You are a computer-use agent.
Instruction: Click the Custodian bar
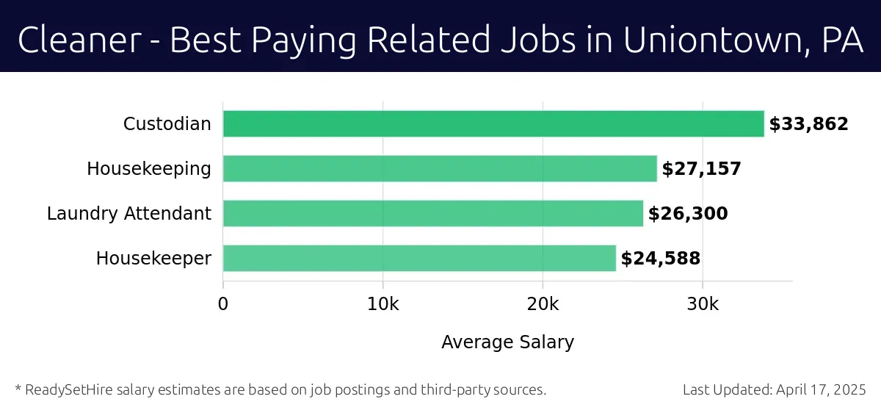[x=493, y=124]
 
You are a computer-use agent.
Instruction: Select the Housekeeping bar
[x=440, y=169]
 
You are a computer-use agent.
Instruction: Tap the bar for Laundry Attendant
[x=433, y=214]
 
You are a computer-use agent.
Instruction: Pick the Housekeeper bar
[x=419, y=259]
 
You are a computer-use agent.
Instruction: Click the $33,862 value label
[x=808, y=124]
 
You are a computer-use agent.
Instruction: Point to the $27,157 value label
[x=701, y=169]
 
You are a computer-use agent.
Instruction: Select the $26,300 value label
[x=688, y=214]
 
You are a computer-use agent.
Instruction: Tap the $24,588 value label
[x=660, y=259]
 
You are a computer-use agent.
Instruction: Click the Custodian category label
[x=167, y=124]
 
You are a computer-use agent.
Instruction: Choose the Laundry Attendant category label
[x=128, y=214]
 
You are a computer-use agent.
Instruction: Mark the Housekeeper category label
[x=153, y=259]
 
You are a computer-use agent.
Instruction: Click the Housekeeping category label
[x=148, y=169]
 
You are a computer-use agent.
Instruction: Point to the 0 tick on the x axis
[x=223, y=304]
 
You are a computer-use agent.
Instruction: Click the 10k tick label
[x=383, y=304]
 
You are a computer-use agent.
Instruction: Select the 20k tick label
[x=543, y=304]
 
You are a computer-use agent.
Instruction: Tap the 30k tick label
[x=703, y=304]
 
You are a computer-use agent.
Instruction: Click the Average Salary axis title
[x=507, y=342]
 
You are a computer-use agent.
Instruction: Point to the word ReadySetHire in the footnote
[x=64, y=389]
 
